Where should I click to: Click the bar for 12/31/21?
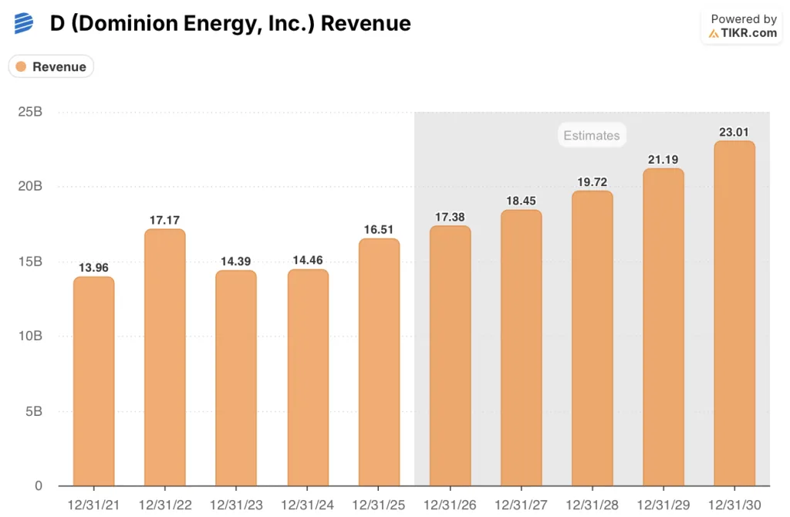[93, 381]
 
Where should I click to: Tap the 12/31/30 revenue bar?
[734, 313]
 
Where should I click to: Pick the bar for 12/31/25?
[379, 362]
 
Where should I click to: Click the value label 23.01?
[734, 132]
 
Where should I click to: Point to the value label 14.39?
[236, 262]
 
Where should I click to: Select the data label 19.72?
[592, 182]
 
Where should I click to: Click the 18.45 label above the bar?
[521, 201]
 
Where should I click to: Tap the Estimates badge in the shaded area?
[591, 136]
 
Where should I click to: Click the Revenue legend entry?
[51, 67]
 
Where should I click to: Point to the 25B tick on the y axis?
[30, 112]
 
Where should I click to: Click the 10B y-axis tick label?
[30, 336]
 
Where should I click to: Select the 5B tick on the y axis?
[34, 411]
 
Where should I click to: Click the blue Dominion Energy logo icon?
[24, 23]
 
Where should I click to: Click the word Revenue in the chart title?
[366, 23]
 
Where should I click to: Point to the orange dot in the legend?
[22, 67]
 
